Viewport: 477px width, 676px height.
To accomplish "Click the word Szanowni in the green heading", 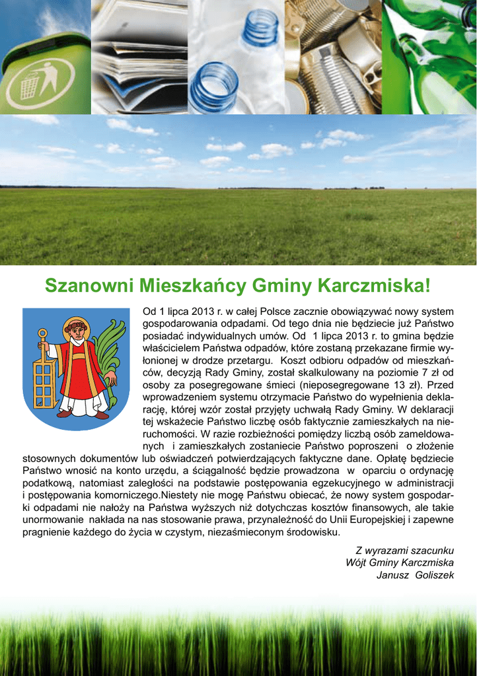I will point(85,286).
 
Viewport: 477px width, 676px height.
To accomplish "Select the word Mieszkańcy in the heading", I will point(194,286).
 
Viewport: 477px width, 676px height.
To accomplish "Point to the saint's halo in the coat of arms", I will point(76,325).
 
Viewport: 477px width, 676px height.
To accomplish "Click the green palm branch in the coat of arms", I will point(112,360).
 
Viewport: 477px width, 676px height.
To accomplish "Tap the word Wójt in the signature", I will point(357,562).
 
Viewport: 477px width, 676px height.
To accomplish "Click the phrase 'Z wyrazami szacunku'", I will point(405,551).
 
